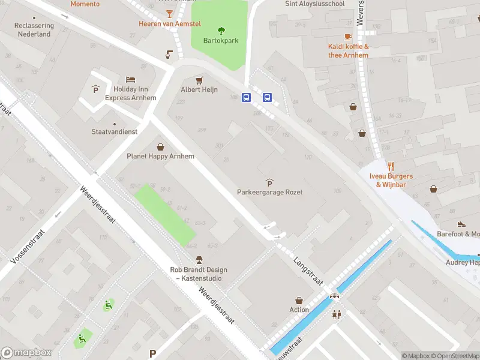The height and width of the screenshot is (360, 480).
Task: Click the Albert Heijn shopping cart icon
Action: pyautogui.click(x=199, y=80)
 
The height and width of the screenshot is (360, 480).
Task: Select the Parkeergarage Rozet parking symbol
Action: pyautogui.click(x=269, y=182)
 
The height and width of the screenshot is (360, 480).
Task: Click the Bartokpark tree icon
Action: pyautogui.click(x=221, y=31)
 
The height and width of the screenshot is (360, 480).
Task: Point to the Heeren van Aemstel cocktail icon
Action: pyautogui.click(x=170, y=13)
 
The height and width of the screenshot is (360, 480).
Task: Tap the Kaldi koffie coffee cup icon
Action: pyautogui.click(x=348, y=37)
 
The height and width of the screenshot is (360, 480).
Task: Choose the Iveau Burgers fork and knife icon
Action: pyautogui.click(x=391, y=166)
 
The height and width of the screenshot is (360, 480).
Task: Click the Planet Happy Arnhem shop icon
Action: pyautogui.click(x=160, y=146)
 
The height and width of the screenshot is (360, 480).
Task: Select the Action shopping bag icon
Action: pyautogui.click(x=299, y=300)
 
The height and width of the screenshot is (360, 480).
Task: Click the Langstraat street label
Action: pyautogui.click(x=308, y=272)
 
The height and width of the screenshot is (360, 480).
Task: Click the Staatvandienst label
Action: pyautogui.click(x=114, y=131)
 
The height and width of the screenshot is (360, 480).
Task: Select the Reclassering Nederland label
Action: pyautogui.click(x=34, y=30)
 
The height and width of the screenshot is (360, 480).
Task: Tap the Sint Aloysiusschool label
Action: pyautogui.click(x=315, y=4)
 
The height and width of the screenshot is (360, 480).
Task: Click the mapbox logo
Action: pyautogui.click(x=26, y=353)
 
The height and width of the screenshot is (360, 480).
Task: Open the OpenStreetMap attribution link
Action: pyautogui.click(x=457, y=356)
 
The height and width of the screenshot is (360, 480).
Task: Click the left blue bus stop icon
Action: pyautogui.click(x=246, y=98)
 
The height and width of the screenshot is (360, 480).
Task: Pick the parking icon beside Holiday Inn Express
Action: pyautogui.click(x=95, y=89)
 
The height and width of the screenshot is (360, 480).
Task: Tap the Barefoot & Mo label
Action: pyautogui.click(x=458, y=234)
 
